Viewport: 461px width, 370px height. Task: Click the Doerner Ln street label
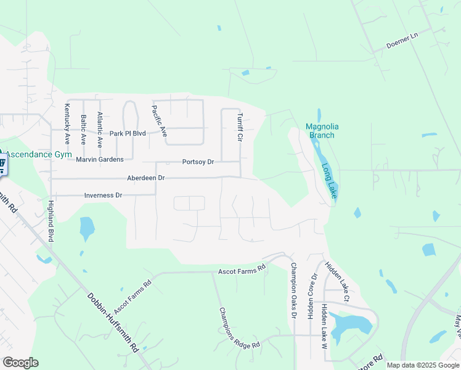click(402, 40)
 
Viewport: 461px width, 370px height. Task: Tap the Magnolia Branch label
click(320, 131)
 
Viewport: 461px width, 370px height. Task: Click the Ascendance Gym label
click(39, 154)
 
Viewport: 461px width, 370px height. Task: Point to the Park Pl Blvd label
click(127, 133)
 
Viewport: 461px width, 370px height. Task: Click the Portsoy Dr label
click(198, 162)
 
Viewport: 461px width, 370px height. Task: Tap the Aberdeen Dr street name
click(146, 178)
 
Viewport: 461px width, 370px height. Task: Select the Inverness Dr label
click(103, 195)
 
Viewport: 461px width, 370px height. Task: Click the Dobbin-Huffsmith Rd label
click(112, 322)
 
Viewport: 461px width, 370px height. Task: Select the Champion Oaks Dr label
click(294, 290)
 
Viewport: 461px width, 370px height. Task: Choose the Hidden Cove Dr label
click(311, 297)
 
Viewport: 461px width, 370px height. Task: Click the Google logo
click(20, 363)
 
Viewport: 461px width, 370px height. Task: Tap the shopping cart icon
click(2, 165)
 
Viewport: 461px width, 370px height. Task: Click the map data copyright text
click(422, 365)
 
